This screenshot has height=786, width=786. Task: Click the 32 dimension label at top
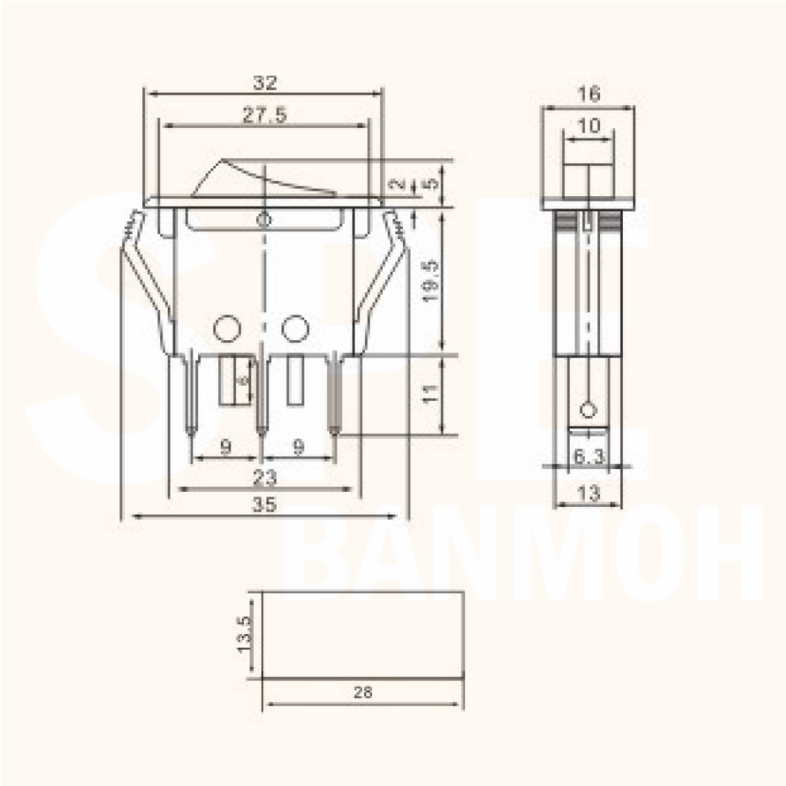coord(265,83)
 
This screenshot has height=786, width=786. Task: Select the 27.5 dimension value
coord(265,115)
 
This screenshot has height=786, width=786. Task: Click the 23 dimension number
coord(265,477)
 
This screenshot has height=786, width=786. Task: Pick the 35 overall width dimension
coord(264,505)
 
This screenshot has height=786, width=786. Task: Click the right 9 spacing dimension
coord(299,447)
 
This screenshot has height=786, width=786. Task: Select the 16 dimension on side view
coord(589,94)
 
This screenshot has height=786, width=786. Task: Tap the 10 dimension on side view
coord(589,126)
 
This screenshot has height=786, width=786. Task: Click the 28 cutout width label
coord(363,692)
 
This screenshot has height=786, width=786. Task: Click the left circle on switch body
coord(227,328)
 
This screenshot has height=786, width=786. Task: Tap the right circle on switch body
coord(296,328)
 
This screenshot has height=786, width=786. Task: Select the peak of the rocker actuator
coord(221,160)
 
